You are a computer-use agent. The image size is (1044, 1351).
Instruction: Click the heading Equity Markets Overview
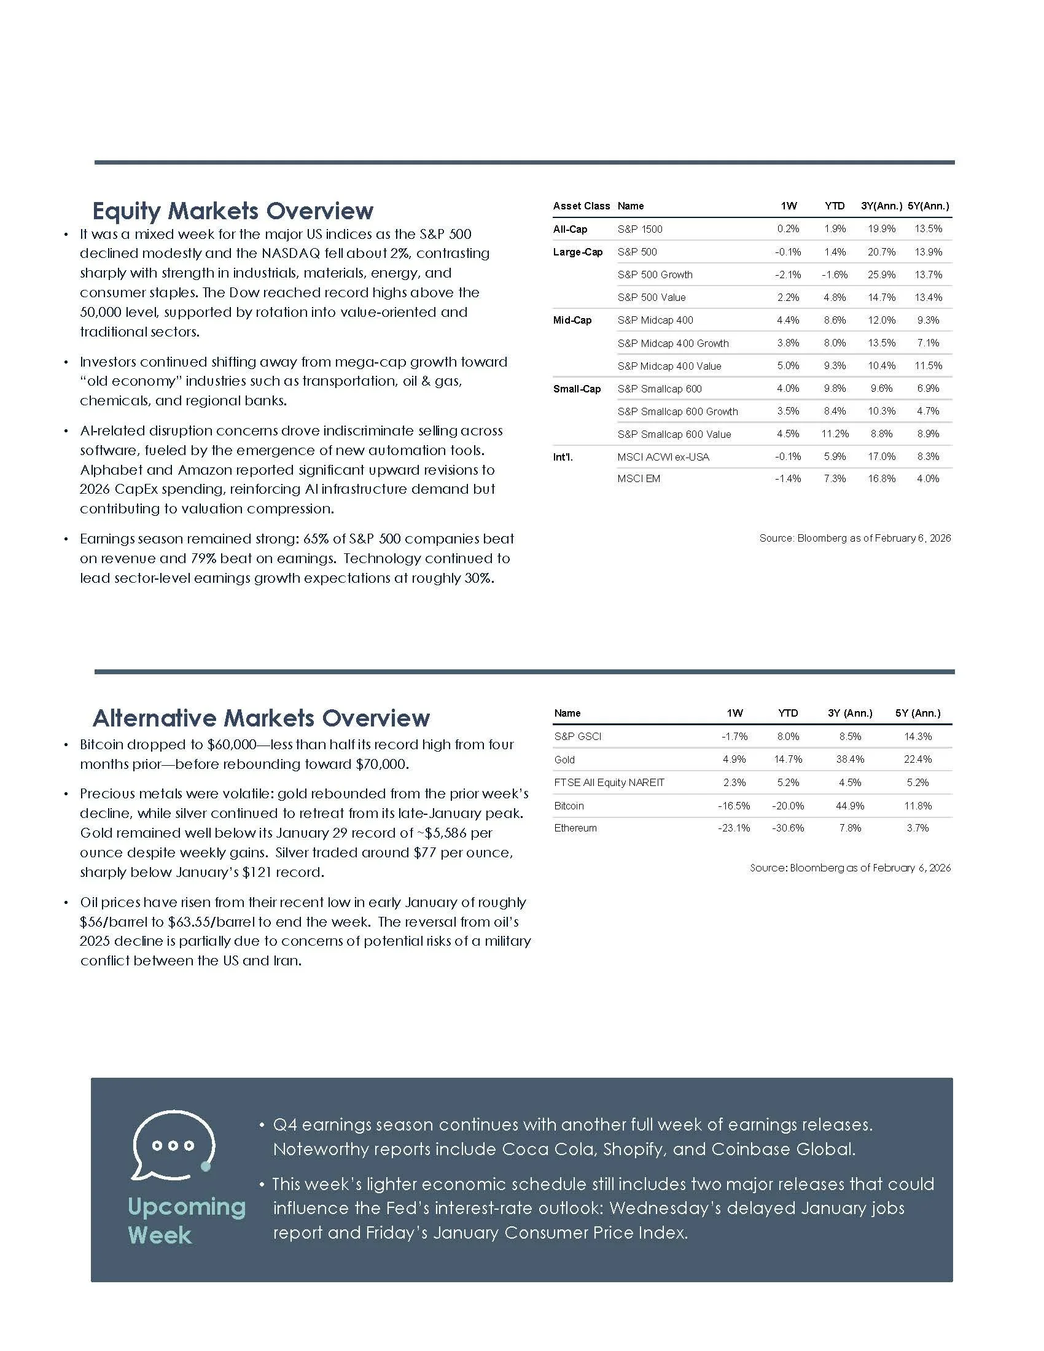[x=233, y=211]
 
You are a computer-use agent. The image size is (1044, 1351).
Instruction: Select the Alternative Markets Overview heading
[x=260, y=718]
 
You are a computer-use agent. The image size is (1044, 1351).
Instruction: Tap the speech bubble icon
[x=173, y=1146]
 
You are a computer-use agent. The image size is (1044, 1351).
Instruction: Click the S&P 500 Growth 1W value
[x=788, y=274]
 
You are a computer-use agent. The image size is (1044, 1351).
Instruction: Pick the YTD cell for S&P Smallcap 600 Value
[x=835, y=434]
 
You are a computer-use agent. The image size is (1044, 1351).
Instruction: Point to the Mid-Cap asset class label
[x=572, y=321]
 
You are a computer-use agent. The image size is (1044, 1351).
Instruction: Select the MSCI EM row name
[x=638, y=479]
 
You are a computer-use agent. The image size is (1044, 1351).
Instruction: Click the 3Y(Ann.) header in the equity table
[x=881, y=206]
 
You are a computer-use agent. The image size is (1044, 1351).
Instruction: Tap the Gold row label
[x=564, y=760]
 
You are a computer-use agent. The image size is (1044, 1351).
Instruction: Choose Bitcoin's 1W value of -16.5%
[x=733, y=806]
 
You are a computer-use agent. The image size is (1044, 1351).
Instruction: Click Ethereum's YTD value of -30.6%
[x=787, y=828]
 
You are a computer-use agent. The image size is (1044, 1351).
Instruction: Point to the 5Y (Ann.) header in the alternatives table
[x=917, y=713]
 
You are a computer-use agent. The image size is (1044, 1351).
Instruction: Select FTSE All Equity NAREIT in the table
[x=609, y=782]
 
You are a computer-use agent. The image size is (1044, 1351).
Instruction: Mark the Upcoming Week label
[x=185, y=1220]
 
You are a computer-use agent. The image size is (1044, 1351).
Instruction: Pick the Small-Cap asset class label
[x=577, y=389]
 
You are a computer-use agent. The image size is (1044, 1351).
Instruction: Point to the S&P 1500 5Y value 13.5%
[x=928, y=229]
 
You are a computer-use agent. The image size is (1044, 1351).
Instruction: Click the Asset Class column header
[x=581, y=206]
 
